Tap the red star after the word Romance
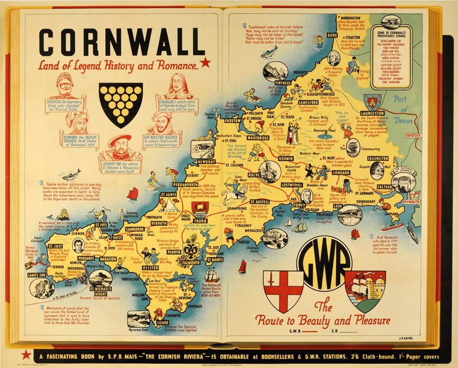pyautogui.click(x=205, y=62)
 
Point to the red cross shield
pyautogui.click(x=286, y=291)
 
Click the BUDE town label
pyautogui.click(x=333, y=34)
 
